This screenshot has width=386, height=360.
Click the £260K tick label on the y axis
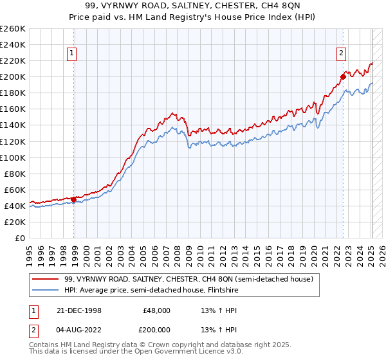click(x=13, y=29)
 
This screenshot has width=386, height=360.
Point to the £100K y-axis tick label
click(x=13, y=157)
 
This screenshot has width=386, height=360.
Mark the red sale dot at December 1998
click(x=74, y=199)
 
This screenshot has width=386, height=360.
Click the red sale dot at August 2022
click(x=343, y=76)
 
